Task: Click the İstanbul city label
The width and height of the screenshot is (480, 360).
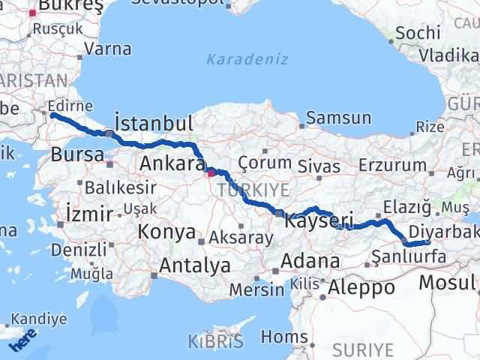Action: coord(153,123)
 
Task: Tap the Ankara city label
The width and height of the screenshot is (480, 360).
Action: coord(172,163)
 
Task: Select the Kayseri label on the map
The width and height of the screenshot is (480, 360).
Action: coord(318,220)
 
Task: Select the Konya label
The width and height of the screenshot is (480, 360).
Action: coord(166,232)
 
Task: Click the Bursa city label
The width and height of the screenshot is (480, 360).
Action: coord(77,154)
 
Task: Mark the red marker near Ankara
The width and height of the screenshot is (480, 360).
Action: coord(211,173)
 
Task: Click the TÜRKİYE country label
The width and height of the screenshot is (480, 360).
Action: coord(248,192)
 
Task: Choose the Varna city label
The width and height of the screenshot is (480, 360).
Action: coord(108,49)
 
